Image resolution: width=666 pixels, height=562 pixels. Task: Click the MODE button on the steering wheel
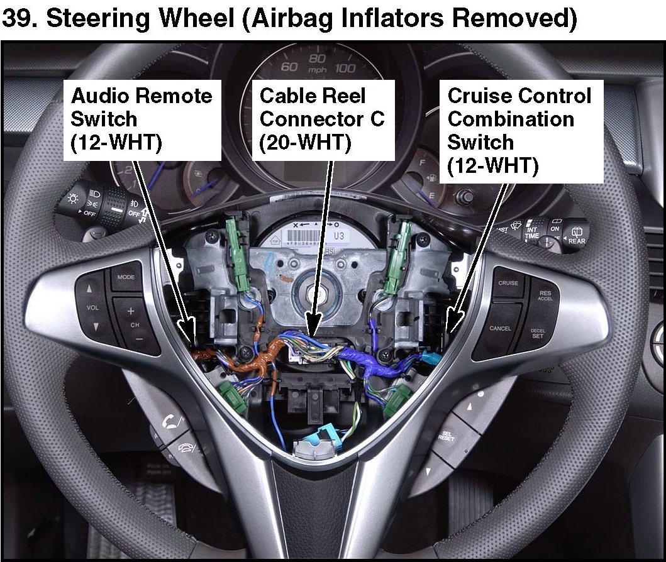[x=126, y=277]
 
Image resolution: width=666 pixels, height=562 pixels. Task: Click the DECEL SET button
[x=537, y=333]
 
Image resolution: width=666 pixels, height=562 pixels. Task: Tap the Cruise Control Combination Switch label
[x=519, y=131]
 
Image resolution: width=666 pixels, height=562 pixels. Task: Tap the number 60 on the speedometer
[x=289, y=67]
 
